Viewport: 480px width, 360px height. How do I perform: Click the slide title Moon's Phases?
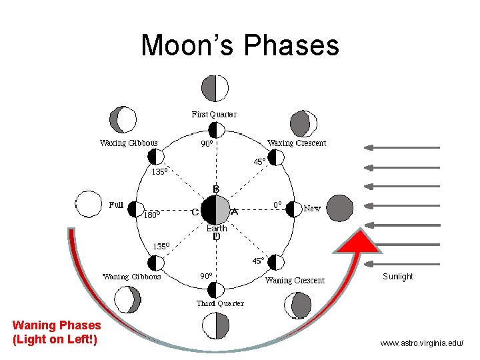point(240,45)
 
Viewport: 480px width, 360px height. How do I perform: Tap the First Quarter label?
point(214,114)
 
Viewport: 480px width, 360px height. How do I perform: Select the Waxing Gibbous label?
point(129,143)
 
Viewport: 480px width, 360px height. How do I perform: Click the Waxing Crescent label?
point(297,143)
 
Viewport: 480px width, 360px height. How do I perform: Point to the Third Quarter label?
point(220,303)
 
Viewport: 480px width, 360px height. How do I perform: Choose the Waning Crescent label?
point(295,280)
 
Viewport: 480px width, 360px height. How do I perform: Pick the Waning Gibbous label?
point(131,277)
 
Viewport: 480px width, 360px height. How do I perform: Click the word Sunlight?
point(398,277)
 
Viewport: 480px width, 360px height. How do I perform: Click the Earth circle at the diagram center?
point(215,210)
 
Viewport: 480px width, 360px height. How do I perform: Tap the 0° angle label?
point(278,204)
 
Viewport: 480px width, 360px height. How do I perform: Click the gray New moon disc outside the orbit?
point(340,208)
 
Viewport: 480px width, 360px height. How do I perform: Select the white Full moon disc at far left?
point(88,204)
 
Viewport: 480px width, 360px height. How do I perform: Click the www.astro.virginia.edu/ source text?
point(421,343)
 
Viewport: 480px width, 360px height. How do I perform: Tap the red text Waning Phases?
point(57,326)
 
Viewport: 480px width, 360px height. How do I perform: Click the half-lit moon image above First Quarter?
point(215,88)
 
